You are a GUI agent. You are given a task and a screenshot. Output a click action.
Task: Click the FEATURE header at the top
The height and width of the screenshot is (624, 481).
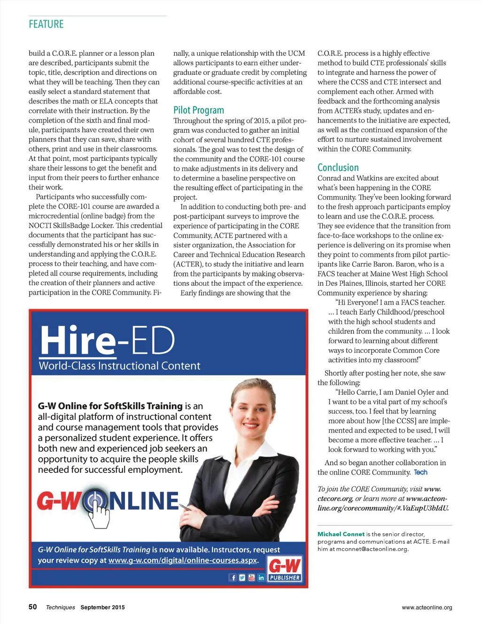46,24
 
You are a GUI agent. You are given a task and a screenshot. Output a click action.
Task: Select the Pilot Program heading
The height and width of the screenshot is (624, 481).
198,110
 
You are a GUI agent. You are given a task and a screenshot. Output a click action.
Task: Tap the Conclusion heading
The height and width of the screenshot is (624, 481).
338,167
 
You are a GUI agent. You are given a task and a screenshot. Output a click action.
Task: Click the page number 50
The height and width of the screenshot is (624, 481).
32,607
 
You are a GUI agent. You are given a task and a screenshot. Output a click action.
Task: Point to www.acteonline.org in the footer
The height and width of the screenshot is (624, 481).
427,607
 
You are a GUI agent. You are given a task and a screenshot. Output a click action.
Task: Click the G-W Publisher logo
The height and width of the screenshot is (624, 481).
285,569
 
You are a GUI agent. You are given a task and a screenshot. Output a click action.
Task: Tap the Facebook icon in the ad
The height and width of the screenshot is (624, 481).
233,578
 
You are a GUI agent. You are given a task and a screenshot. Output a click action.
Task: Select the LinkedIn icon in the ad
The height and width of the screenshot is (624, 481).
261,578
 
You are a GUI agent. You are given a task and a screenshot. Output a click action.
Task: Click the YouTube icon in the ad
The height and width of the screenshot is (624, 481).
251,578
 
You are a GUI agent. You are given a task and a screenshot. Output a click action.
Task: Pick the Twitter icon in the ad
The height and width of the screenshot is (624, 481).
242,578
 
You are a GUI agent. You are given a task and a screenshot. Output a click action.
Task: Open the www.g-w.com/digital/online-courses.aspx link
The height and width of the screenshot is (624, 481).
183,560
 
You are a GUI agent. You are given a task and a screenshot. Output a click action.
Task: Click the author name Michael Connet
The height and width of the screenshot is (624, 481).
341,534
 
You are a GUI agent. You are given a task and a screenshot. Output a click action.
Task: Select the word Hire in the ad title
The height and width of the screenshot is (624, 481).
78,340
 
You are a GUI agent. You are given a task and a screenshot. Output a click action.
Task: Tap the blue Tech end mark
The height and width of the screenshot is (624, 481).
420,472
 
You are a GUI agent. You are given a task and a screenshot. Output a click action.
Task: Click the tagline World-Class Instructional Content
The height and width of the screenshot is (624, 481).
119,366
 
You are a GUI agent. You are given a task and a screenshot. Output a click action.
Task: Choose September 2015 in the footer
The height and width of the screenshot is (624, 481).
102,607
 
